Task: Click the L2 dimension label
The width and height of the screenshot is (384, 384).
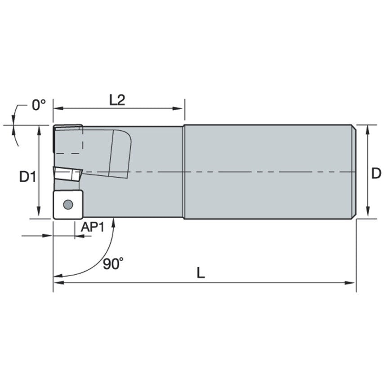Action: (x=117, y=100)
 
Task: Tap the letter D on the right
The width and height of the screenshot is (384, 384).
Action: (x=376, y=173)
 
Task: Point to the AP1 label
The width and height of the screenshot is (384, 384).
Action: (x=92, y=227)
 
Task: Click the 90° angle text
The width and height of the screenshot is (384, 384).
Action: (x=112, y=264)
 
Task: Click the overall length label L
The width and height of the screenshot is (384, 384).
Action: (x=201, y=272)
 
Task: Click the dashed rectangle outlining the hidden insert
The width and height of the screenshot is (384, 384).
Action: (x=68, y=140)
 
